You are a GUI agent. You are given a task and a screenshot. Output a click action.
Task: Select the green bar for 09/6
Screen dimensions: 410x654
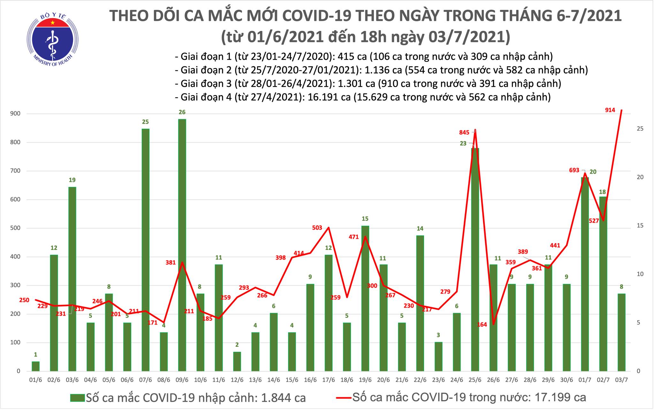[182, 245]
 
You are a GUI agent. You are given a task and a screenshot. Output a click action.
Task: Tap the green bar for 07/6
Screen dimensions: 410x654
[145, 250]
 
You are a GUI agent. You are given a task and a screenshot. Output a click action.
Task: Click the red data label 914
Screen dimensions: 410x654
[610, 110]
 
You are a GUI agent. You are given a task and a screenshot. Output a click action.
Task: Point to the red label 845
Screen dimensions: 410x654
[464, 132]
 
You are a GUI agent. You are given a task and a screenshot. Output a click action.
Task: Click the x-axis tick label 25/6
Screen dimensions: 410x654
[475, 380]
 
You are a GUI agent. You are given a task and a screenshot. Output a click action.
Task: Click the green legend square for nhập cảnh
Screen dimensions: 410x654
[78, 398]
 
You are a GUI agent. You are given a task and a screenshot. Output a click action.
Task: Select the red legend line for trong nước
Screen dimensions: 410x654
[344, 398]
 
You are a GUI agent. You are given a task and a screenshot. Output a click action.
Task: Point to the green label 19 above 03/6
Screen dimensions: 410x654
[72, 180]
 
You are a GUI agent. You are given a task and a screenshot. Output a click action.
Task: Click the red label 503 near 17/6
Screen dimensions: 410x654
[317, 228]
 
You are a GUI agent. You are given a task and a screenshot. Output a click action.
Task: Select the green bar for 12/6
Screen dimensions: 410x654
[237, 361]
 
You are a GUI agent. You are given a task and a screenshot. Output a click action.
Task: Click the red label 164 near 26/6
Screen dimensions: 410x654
[482, 324]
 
